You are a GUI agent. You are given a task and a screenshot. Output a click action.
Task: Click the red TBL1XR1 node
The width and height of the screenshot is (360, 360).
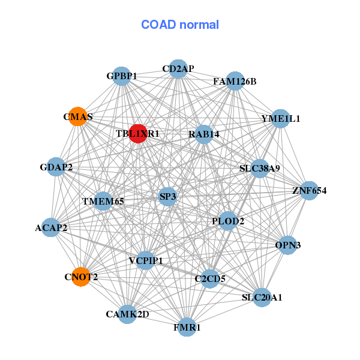tap(137, 133)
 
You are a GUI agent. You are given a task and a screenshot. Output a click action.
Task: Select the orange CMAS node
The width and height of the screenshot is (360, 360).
tap(78, 116)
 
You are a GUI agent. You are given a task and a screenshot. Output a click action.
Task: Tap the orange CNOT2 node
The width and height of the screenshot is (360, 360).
tap(81, 277)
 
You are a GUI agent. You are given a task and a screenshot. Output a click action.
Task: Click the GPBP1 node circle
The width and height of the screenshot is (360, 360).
tap(122, 76)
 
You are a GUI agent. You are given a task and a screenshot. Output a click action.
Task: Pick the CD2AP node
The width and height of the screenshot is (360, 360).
tap(178, 69)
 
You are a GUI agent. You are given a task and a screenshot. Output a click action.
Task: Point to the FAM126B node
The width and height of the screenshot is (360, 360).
tap(235, 81)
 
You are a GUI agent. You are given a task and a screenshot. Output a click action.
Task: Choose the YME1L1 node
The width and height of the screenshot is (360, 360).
tap(280, 118)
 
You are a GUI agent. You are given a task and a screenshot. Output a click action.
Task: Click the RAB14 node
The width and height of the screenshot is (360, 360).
tap(203, 134)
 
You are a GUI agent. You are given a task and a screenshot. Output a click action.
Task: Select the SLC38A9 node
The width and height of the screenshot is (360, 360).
tap(260, 169)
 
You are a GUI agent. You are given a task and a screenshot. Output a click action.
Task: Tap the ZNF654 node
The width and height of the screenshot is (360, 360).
tap(309, 191)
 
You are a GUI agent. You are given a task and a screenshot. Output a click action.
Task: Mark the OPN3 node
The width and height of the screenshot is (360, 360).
tap(288, 245)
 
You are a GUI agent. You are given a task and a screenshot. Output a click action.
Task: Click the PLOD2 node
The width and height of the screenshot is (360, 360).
tap(228, 221)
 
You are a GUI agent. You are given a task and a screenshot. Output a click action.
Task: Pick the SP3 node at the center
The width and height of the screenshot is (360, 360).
tap(168, 196)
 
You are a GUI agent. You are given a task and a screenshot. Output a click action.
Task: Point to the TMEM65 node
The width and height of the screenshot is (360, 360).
tap(103, 201)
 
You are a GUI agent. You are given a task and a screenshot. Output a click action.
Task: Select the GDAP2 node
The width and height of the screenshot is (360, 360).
tap(56, 167)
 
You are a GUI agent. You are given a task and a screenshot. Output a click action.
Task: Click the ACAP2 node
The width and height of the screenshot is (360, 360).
tap(51, 227)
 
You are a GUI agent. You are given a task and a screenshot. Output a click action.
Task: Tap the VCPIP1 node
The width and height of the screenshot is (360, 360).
tap(145, 260)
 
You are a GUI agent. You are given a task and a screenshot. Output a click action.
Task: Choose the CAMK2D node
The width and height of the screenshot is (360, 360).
tap(127, 314)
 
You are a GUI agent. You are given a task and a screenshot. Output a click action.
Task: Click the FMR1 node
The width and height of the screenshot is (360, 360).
tap(187, 328)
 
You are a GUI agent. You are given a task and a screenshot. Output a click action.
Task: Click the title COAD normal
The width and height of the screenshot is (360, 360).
tap(180, 25)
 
